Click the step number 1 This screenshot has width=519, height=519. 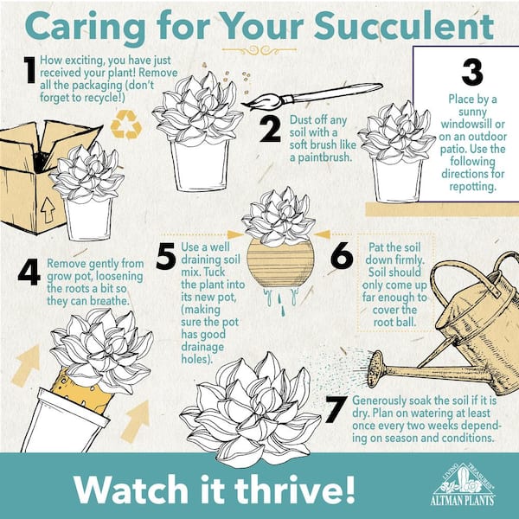(x=29, y=70)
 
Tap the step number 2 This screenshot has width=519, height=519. (x=270, y=130)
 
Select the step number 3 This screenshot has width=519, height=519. (x=472, y=73)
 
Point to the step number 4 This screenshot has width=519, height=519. (x=29, y=272)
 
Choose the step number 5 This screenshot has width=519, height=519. (x=166, y=256)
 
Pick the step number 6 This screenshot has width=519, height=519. (x=342, y=255)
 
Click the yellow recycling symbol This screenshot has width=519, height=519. (x=126, y=125)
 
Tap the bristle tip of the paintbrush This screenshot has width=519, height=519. (x=244, y=105)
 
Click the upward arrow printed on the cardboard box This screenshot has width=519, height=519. (x=48, y=210)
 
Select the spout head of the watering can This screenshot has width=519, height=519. (x=375, y=369)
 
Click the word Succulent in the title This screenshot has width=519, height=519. (x=404, y=26)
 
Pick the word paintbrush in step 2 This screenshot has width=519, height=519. (x=320, y=158)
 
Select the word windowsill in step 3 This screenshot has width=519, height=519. (x=472, y=124)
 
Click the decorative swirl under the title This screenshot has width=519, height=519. (x=259, y=50)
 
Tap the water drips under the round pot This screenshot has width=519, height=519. (x=280, y=300)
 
